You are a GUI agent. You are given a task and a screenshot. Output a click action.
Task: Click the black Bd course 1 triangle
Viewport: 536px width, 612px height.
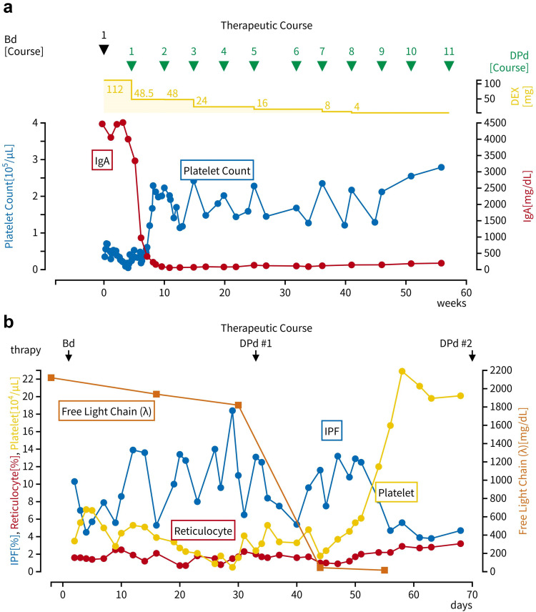click(104, 49)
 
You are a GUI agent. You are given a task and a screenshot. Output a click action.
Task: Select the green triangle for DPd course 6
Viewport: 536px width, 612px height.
click(297, 66)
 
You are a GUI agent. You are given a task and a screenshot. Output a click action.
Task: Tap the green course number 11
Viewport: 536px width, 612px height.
click(449, 51)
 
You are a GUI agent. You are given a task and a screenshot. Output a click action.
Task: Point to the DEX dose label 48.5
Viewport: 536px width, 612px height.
click(145, 94)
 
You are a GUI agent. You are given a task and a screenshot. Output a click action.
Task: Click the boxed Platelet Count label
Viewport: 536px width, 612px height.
click(217, 171)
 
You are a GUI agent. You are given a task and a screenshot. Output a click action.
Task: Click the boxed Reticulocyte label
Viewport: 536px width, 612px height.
click(204, 529)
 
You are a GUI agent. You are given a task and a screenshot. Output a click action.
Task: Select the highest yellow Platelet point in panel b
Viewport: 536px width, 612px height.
click(402, 371)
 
